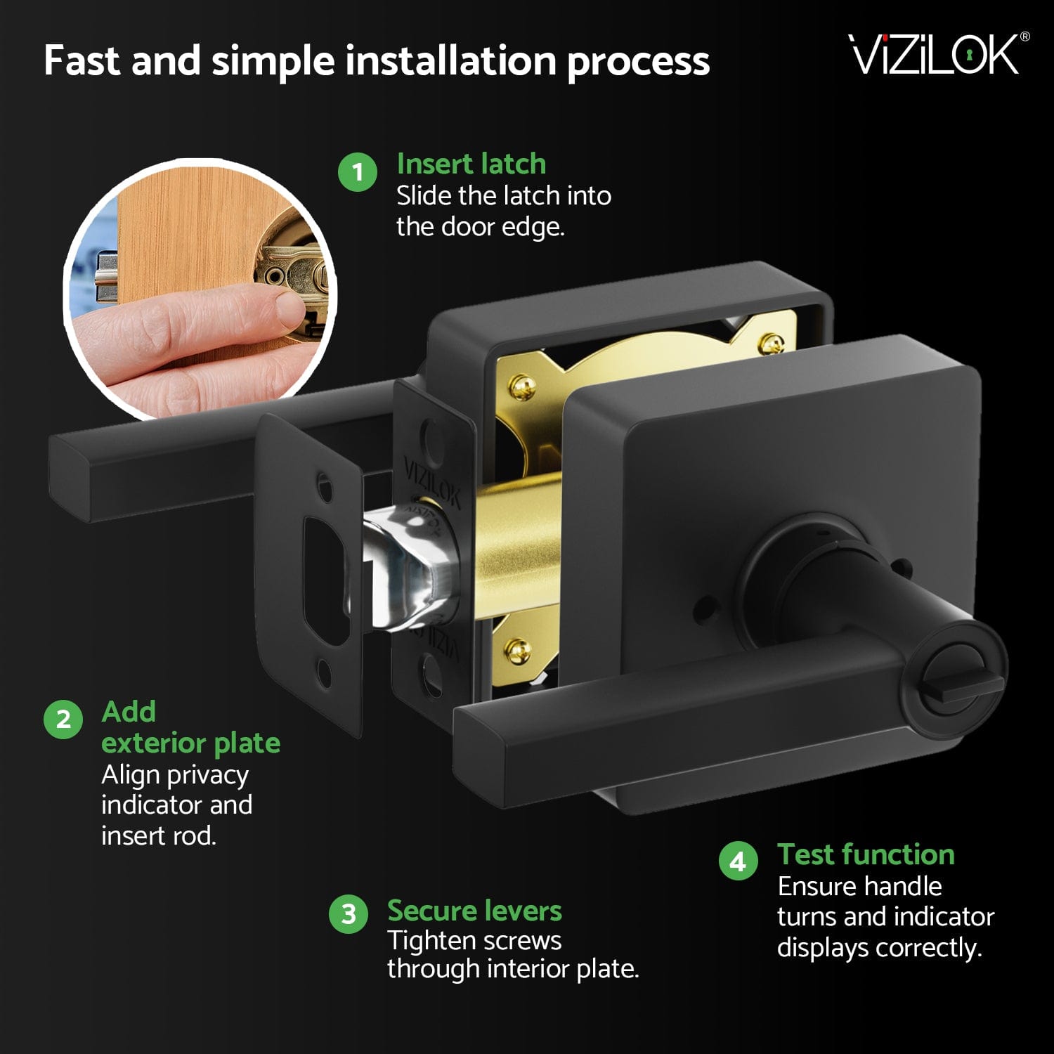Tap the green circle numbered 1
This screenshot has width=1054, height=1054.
pyautogui.click(x=358, y=172)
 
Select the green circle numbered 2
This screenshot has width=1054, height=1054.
pyautogui.click(x=63, y=720)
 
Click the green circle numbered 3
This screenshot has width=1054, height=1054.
pyautogui.click(x=349, y=914)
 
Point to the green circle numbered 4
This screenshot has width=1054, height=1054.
pyautogui.click(x=739, y=861)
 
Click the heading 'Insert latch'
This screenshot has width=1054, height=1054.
pyautogui.click(x=471, y=164)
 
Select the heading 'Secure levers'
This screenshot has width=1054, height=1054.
pyautogui.click(x=474, y=911)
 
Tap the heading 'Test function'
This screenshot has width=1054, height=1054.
pyautogui.click(x=866, y=854)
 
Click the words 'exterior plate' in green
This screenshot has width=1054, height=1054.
pyautogui.click(x=190, y=743)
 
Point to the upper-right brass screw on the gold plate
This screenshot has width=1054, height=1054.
pyautogui.click(x=772, y=344)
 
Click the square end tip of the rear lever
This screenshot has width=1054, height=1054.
pyautogui.click(x=70, y=478)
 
